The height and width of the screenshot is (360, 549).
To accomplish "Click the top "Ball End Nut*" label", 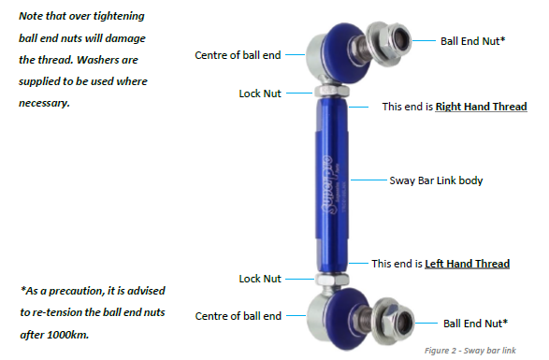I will (x=472, y=41).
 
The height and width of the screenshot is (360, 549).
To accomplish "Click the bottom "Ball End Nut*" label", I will (x=475, y=323).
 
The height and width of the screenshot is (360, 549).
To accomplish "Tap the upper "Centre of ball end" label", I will (x=237, y=55).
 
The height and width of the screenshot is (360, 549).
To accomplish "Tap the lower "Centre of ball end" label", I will (x=237, y=317).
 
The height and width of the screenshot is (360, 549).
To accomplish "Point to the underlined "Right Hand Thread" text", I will (x=480, y=108).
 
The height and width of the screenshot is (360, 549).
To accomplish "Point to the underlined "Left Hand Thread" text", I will (x=467, y=265).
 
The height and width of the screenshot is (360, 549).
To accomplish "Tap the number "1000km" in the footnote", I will (x=98, y=332).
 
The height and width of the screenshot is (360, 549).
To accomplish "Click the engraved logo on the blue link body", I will (x=331, y=178).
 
